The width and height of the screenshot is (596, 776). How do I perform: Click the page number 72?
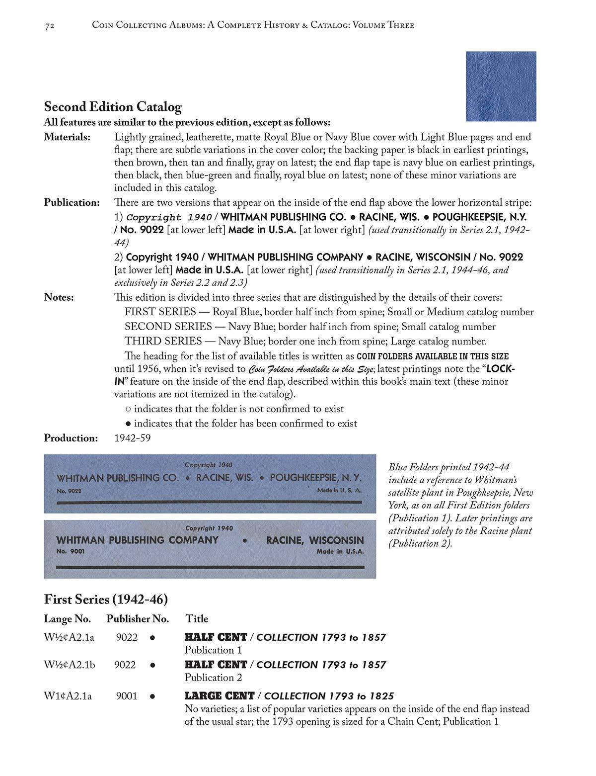pyautogui.click(x=49, y=25)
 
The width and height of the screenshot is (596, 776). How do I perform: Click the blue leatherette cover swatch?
pyautogui.click(x=501, y=86)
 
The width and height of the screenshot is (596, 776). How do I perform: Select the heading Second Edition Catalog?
pyautogui.click(x=113, y=107)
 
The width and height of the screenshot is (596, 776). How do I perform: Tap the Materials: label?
pyautogui.click(x=67, y=137)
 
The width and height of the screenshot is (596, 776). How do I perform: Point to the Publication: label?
pyautogui.click(x=72, y=203)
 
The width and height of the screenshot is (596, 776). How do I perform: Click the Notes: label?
pyautogui.click(x=59, y=298)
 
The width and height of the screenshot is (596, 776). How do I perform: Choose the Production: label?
pyautogui.click(x=71, y=438)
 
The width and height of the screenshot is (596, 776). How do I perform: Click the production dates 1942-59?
pyautogui.click(x=132, y=438)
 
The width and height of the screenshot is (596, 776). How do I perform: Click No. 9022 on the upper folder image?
pyautogui.click(x=69, y=491)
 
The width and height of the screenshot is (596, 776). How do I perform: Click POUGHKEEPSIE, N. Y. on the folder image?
pyautogui.click(x=315, y=478)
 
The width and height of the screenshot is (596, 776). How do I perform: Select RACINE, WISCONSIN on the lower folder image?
pyautogui.click(x=315, y=540)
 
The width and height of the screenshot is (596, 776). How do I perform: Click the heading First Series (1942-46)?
pyautogui.click(x=106, y=600)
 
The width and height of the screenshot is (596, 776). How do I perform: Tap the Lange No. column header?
pyautogui.click(x=67, y=619)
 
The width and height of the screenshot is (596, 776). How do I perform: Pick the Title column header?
pyautogui.click(x=197, y=619)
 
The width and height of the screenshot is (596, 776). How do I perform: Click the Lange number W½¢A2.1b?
pyautogui.click(x=69, y=665)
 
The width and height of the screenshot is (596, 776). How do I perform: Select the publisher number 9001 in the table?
pyautogui.click(x=127, y=696)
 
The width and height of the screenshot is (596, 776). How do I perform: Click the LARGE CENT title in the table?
pyautogui.click(x=219, y=696)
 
